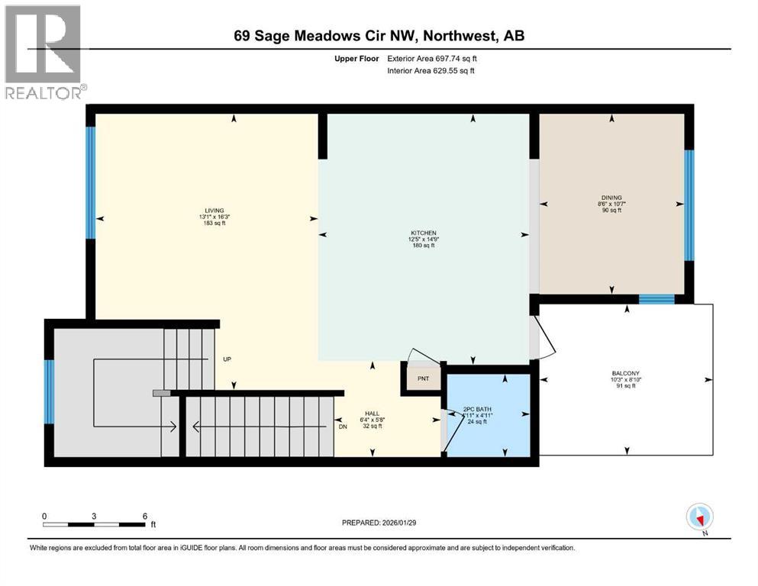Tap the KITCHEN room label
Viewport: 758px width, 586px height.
421,233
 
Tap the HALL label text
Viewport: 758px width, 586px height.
372,413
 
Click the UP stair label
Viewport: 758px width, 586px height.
227,359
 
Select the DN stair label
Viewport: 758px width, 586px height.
343,427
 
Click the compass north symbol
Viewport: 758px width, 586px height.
699,517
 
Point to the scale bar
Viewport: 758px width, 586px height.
94,524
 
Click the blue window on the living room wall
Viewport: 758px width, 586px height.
90,182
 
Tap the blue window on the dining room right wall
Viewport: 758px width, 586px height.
689,205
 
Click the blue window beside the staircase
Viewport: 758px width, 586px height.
49,391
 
